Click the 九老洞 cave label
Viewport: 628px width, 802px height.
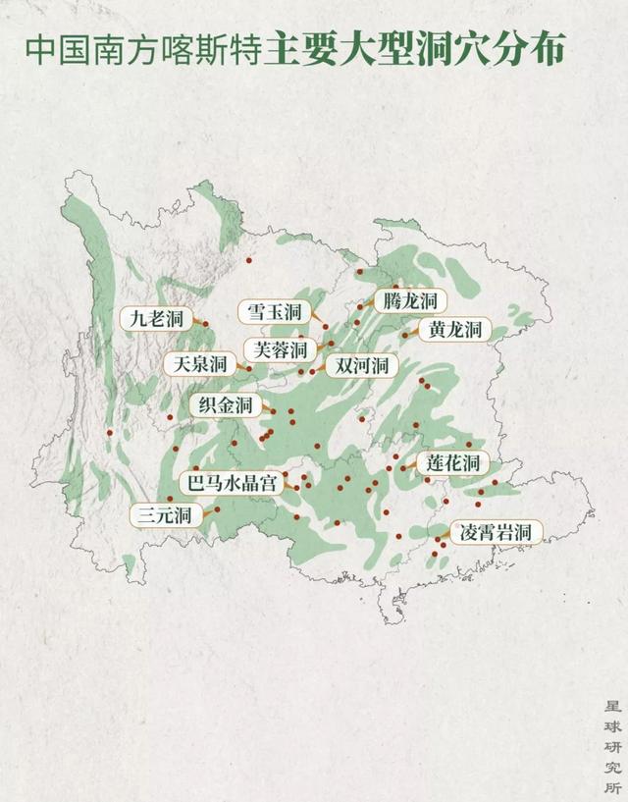tap(156, 319)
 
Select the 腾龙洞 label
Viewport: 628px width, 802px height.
tap(410, 300)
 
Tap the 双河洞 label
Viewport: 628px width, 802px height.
tap(361, 366)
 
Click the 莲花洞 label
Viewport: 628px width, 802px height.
tap(452, 462)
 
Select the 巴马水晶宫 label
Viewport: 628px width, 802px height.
tap(234, 482)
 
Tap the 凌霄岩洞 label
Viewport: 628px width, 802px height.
tap(496, 533)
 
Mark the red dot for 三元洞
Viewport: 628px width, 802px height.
tap(217, 508)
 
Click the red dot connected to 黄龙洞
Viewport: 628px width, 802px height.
tap(404, 336)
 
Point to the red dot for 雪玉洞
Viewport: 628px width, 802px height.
tap(326, 326)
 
